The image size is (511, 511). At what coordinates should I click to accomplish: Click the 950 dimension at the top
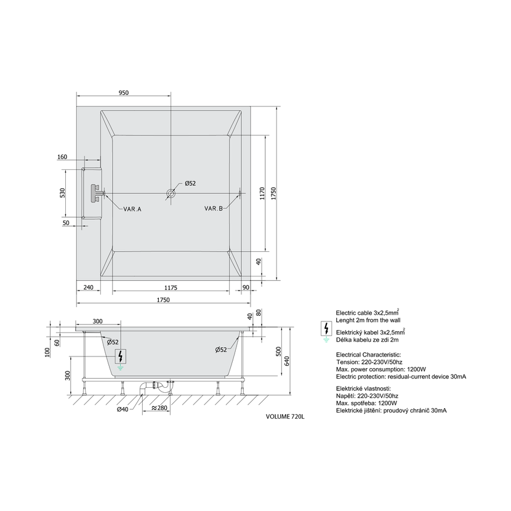(x=124, y=93)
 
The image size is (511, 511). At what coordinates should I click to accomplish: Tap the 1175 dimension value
(x=171, y=288)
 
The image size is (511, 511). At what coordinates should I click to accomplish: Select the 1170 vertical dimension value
(x=262, y=193)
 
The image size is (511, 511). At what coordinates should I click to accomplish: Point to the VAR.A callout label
(x=132, y=209)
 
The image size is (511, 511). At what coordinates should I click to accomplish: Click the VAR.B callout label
(x=214, y=209)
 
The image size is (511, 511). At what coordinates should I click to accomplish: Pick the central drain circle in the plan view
(x=171, y=193)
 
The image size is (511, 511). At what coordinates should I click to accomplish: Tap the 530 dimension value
(x=63, y=193)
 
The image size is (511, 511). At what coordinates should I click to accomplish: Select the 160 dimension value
(x=62, y=157)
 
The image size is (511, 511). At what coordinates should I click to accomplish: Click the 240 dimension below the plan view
(x=88, y=288)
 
